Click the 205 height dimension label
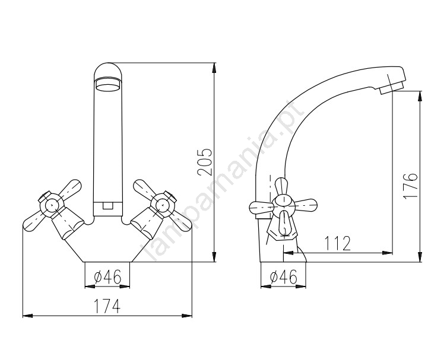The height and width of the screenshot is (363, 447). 205,161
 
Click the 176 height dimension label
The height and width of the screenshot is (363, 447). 411,186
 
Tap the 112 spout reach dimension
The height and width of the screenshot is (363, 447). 338,243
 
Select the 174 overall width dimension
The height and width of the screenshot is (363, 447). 107,306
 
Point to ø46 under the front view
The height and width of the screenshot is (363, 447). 107,276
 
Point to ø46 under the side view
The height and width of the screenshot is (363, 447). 283,276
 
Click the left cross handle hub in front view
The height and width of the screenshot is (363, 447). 51,204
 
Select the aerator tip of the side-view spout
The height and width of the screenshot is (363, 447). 392,87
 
